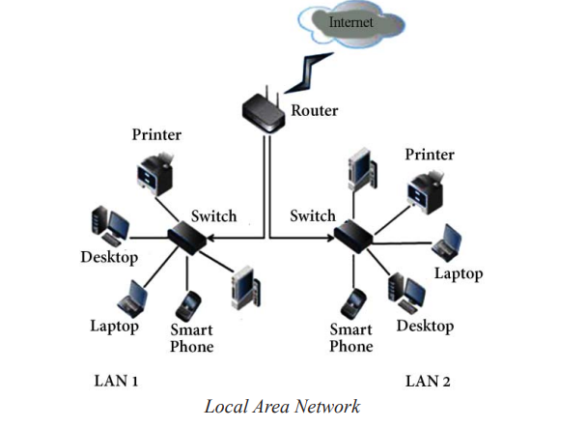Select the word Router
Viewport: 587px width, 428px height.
click(x=316, y=110)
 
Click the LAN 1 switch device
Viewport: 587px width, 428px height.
click(x=190, y=238)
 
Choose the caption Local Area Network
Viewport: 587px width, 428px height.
click(x=282, y=406)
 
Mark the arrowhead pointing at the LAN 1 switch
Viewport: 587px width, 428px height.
click(x=214, y=237)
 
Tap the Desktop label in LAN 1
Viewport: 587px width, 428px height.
click(x=109, y=258)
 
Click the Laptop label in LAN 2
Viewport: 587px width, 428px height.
click(x=458, y=273)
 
